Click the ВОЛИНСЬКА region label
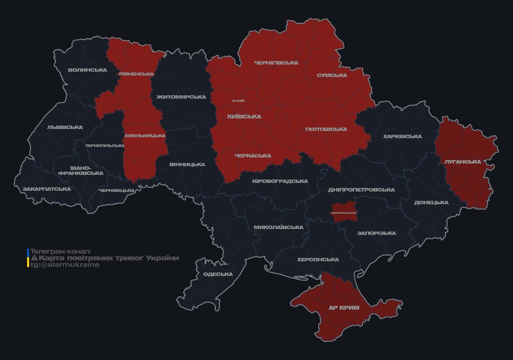(x=87, y=70)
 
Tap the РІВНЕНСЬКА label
(x=136, y=74)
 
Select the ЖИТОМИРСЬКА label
(x=181, y=97)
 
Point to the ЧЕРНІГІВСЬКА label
(x=276, y=63)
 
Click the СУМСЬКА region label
(x=332, y=75)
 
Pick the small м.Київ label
(x=238, y=101)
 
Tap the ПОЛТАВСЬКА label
(x=326, y=129)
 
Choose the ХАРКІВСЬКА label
(x=402, y=137)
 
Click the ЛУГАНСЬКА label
(x=462, y=162)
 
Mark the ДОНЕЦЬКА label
(x=431, y=202)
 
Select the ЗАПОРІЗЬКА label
(x=376, y=233)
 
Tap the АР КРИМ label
(x=343, y=308)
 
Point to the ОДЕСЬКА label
(x=218, y=274)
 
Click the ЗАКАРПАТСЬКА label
(x=46, y=189)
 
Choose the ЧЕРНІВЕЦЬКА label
(x=117, y=190)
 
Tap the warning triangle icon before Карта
(x=34, y=258)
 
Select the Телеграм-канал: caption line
(x=60, y=252)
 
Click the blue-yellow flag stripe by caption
(x=28, y=258)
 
